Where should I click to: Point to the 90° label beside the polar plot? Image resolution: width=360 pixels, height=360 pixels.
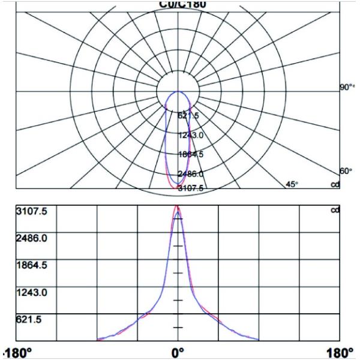tap(346, 88)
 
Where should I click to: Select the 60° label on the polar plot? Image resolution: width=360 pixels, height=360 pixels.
tap(346, 171)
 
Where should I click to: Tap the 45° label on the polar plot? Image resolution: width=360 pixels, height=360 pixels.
tap(292, 184)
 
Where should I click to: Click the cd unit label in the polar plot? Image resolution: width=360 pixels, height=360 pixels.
tap(335, 184)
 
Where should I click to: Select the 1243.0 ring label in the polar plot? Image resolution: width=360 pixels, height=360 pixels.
tap(191, 135)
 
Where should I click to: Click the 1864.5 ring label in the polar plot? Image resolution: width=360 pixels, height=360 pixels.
tap(191, 154)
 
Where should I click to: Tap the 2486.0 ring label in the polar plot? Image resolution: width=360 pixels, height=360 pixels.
tap(191, 174)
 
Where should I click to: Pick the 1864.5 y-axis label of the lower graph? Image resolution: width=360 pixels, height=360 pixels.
tap(28, 265)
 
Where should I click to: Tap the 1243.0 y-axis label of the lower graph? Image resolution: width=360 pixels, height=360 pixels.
tap(28, 293)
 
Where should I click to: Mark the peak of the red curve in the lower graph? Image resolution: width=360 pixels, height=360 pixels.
tap(177, 206)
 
